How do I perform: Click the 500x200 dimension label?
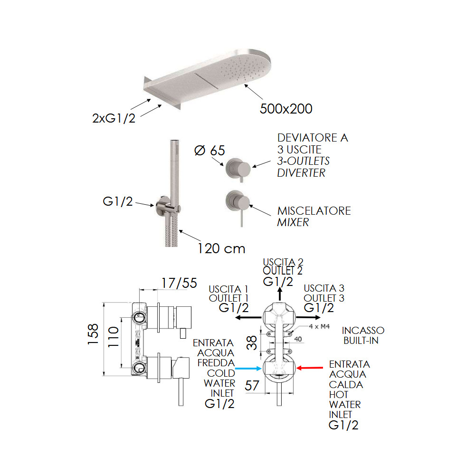(286, 109)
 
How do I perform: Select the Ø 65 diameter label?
(210, 151)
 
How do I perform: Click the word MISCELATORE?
(314, 210)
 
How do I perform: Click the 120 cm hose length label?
(222, 248)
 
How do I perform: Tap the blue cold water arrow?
(249, 368)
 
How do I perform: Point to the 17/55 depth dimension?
(179, 283)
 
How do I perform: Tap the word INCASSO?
(363, 330)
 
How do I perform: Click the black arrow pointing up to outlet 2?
(280, 294)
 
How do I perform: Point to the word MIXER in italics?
(293, 222)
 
